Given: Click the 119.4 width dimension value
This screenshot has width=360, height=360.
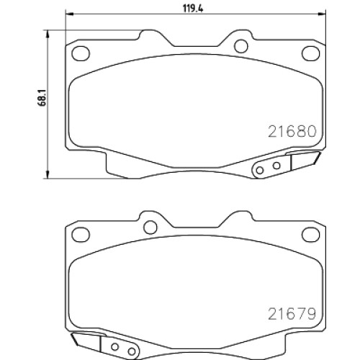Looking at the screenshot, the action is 193,9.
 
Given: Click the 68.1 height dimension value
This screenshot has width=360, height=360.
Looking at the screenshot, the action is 42,98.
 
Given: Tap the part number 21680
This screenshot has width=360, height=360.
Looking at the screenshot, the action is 292,132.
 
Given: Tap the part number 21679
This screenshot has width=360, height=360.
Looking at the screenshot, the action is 292,314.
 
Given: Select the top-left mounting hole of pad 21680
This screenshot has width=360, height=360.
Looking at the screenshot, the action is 81,53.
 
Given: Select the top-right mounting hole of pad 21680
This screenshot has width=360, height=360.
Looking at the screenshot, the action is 310,53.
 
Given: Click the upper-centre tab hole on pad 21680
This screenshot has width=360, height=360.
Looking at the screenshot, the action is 241,46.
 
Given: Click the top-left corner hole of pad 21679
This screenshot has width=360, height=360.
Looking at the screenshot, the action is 81,234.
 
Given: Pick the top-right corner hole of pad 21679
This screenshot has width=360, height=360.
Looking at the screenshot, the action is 310,234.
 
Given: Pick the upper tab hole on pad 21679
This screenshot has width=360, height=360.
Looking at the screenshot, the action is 150,227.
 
